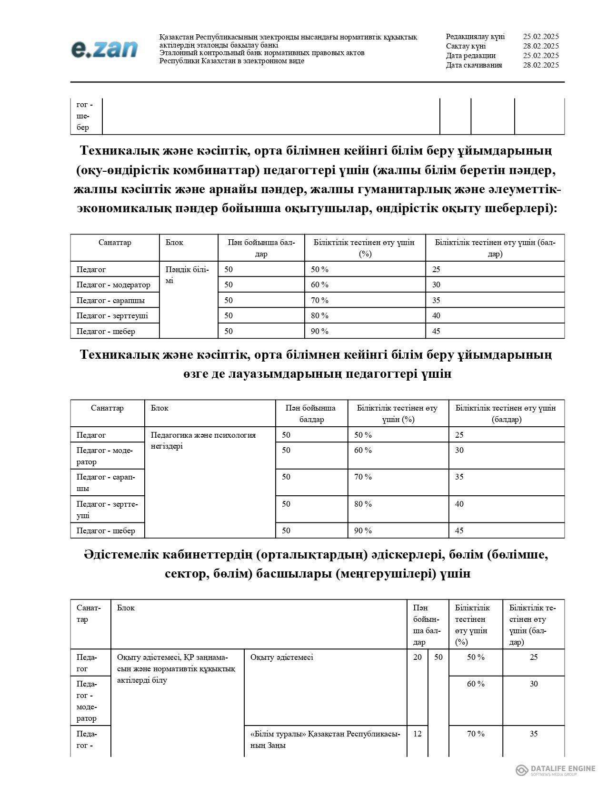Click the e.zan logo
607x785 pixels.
pyautogui.click(x=104, y=49)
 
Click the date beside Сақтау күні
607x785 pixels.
pyautogui.click(x=540, y=46)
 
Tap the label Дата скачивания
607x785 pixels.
pyautogui.click(x=474, y=65)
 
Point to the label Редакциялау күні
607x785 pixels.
pyautogui.click(x=475, y=37)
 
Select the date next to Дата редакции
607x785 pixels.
pyautogui.click(x=540, y=56)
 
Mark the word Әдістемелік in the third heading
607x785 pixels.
pyautogui.click(x=119, y=555)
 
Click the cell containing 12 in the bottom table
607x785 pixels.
pyautogui.click(x=417, y=734)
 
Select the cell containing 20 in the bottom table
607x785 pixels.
pyautogui.click(x=417, y=657)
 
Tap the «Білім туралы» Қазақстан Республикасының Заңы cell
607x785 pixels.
pyautogui.click(x=325, y=739)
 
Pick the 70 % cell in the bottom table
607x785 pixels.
pyautogui.click(x=475, y=734)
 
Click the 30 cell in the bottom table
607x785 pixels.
pyautogui.click(x=533, y=684)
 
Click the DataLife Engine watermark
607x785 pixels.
pyautogui.click(x=556, y=770)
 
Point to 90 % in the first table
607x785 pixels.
pyautogui.click(x=319, y=331)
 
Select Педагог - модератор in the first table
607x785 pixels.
pyautogui.click(x=113, y=285)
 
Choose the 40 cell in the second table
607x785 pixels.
pyautogui.click(x=459, y=504)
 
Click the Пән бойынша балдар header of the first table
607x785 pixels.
pyautogui.click(x=261, y=248)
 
